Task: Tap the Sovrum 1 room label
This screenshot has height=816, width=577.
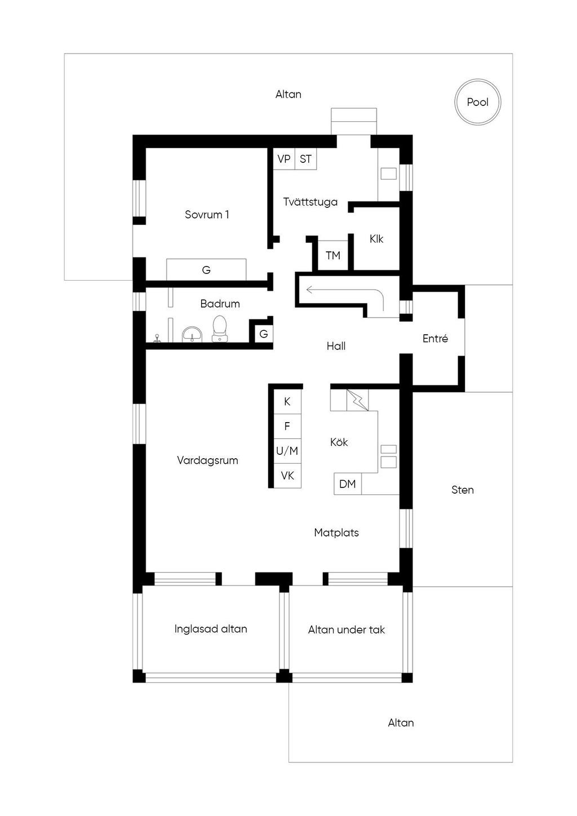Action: [x=207, y=215]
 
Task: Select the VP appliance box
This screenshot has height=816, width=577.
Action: [x=284, y=159]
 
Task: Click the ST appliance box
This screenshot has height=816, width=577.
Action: [x=305, y=159]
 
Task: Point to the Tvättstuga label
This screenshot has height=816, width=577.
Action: [x=310, y=202]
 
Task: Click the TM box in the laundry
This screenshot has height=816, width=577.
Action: [x=333, y=255]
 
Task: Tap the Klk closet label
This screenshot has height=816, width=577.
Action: [x=376, y=239]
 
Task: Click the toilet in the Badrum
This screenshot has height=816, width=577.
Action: [x=220, y=329]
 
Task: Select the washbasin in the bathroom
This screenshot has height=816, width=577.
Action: [x=192, y=334]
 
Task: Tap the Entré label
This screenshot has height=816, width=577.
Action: [x=435, y=339]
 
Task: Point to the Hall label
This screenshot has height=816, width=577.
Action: [x=336, y=346]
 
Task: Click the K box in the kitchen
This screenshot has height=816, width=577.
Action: [x=287, y=401]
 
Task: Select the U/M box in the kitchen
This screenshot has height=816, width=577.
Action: [x=287, y=451]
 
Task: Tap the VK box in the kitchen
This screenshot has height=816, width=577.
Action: [x=287, y=476]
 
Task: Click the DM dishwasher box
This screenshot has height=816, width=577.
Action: [x=348, y=484]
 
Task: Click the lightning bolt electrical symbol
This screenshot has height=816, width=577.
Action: [x=357, y=400]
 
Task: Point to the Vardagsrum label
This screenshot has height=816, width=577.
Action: [x=207, y=460]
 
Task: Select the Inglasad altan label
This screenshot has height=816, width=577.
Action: [x=211, y=629]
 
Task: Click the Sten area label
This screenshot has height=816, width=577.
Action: [x=463, y=490]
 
